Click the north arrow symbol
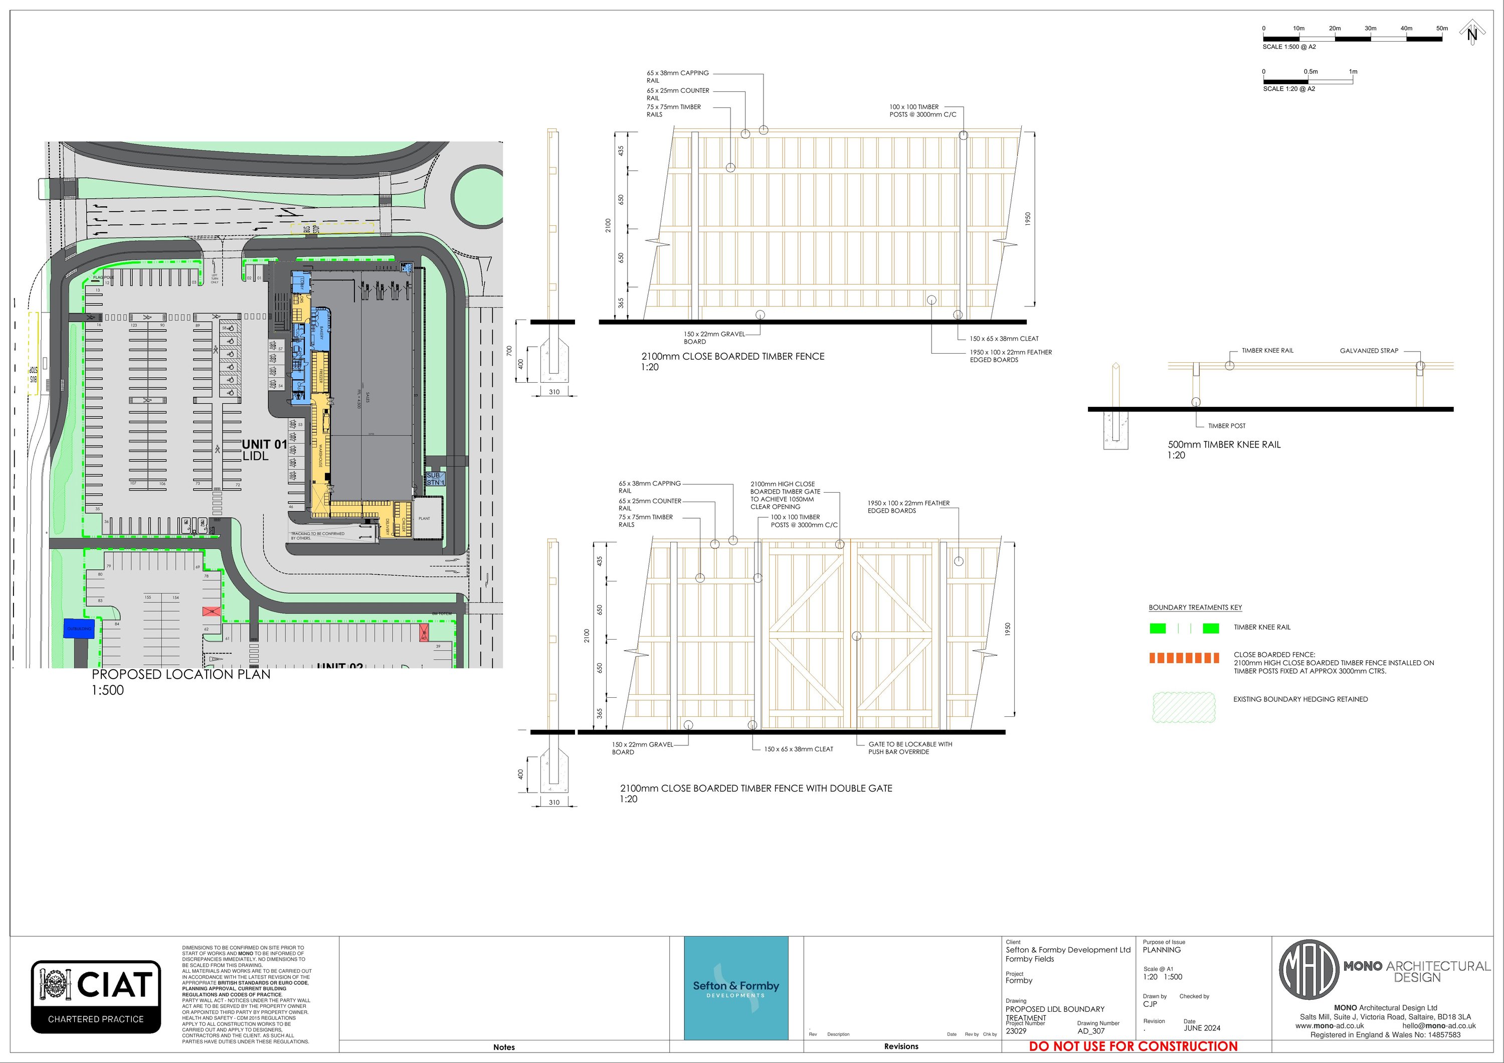[1472, 32]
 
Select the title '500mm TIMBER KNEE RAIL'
[1224, 444]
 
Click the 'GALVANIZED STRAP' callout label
[1369, 351]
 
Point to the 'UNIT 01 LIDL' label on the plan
[264, 449]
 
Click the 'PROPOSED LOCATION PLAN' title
[181, 674]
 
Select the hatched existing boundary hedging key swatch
[1184, 707]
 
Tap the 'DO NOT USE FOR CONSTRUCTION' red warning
[1133, 1046]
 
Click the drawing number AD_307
[1091, 1031]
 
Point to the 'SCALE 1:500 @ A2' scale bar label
[1289, 47]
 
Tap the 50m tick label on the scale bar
[1442, 28]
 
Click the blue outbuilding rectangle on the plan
[79, 629]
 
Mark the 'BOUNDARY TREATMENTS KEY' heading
[1195, 608]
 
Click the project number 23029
[1016, 1031]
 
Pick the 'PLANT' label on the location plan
[425, 518]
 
